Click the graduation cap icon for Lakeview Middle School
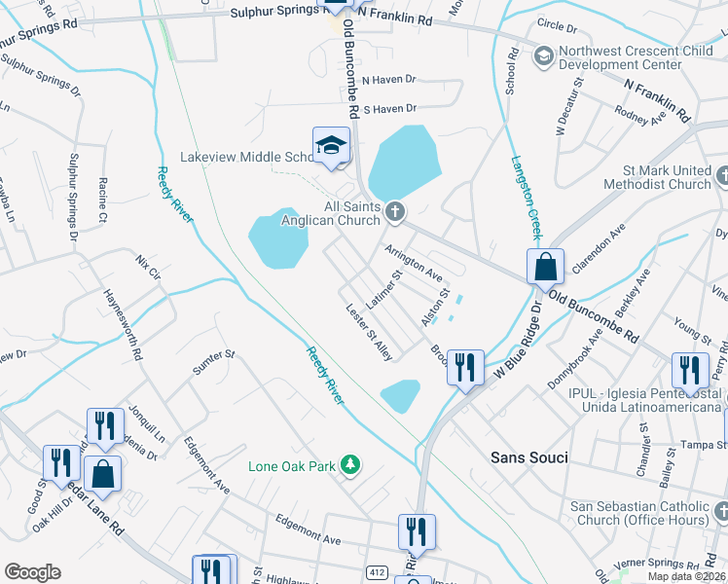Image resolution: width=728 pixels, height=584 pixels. click(331, 146)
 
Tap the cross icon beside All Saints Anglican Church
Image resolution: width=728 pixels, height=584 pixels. click(394, 210)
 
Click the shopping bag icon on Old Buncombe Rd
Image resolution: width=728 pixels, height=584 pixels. click(546, 265)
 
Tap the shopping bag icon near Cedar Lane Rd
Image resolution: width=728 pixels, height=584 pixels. click(102, 474)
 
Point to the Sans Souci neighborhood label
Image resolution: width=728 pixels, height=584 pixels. click(528, 456)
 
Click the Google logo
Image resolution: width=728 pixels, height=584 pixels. click(32, 572)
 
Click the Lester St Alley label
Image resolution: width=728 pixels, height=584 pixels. click(369, 332)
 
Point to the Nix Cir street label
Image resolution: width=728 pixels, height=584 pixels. click(147, 263)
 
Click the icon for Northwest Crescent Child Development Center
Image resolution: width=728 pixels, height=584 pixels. click(543, 56)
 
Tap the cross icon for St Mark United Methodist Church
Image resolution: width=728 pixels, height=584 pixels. click(721, 176)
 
